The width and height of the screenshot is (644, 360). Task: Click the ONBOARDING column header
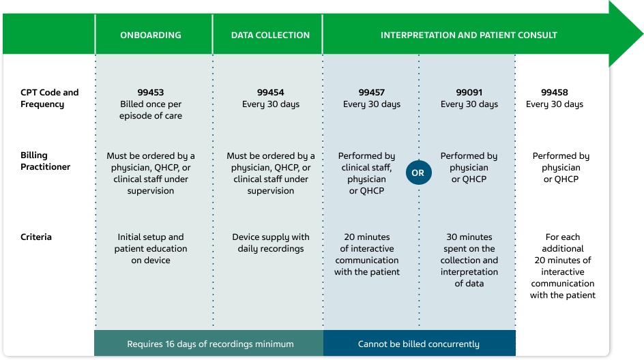pyautogui.click(x=151, y=35)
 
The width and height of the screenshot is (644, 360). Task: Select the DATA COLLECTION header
pyautogui.click(x=270, y=35)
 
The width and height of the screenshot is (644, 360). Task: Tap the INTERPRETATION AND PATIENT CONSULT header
pyautogui.click(x=469, y=35)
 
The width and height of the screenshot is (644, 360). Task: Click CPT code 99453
pyautogui.click(x=151, y=93)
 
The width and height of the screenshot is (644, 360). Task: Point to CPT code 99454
pyautogui.click(x=271, y=93)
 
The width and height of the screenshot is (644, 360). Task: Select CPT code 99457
pyautogui.click(x=372, y=93)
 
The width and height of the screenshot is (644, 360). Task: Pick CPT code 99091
pyautogui.click(x=469, y=93)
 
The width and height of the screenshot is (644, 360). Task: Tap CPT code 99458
pyautogui.click(x=555, y=93)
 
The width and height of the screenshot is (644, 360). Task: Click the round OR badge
pyautogui.click(x=418, y=173)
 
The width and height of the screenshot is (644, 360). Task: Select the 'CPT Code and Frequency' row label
pyautogui.click(x=49, y=98)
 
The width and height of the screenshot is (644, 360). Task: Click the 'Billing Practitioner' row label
pyautogui.click(x=45, y=161)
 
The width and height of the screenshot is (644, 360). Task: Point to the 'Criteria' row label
pyautogui.click(x=36, y=237)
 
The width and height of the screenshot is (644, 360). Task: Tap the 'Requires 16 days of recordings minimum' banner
pyautogui.click(x=210, y=344)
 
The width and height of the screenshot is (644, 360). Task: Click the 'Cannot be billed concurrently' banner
pyautogui.click(x=419, y=344)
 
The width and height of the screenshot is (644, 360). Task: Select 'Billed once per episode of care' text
pyautogui.click(x=151, y=110)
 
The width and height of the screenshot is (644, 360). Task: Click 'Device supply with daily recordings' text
pyautogui.click(x=271, y=243)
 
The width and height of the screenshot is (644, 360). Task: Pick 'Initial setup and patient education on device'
pyautogui.click(x=151, y=249)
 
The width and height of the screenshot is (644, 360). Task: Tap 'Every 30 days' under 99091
pyautogui.click(x=469, y=104)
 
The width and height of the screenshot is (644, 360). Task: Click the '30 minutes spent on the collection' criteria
pyautogui.click(x=469, y=260)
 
